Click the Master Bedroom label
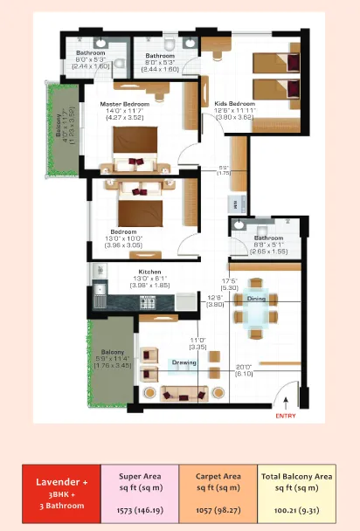click(x=124, y=104)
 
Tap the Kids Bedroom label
click(x=233, y=104)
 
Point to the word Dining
click(x=256, y=299)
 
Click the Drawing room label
click(x=183, y=361)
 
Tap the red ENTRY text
click(x=286, y=416)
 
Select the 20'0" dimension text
click(x=243, y=367)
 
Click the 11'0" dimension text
click(x=197, y=341)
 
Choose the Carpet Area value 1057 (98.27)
click(x=218, y=507)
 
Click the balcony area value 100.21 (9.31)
click(x=298, y=507)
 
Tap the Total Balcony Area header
click(x=298, y=481)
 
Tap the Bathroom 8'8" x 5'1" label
click(x=268, y=243)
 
